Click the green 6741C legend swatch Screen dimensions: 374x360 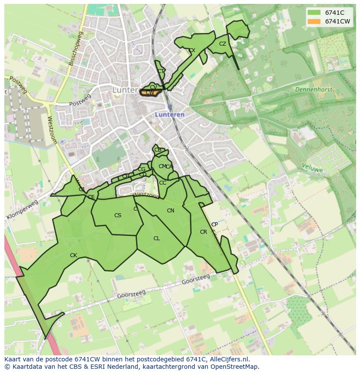click(x=314, y=13)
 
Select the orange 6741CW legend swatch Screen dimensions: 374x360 click(x=314, y=21)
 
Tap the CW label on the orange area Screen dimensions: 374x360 click(x=150, y=93)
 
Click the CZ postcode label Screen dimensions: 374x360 click(x=223, y=44)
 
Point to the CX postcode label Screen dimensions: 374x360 click(x=192, y=50)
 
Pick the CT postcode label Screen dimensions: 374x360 click(x=161, y=71)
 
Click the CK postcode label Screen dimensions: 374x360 click(x=73, y=255)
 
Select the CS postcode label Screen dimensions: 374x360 click(x=118, y=215)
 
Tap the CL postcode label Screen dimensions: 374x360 click(x=157, y=238)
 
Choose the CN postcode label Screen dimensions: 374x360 click(x=170, y=211)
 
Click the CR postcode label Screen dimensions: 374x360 click(x=203, y=232)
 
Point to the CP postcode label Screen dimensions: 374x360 click(x=214, y=225)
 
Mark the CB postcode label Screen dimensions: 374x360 click(x=158, y=150)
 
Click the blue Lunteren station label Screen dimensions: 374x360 click(x=170, y=115)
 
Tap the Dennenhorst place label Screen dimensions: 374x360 click(x=313, y=89)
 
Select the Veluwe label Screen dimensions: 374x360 click(x=313, y=168)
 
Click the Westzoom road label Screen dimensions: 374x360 click(x=53, y=130)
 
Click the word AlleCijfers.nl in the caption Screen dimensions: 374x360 click(x=233, y=359)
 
